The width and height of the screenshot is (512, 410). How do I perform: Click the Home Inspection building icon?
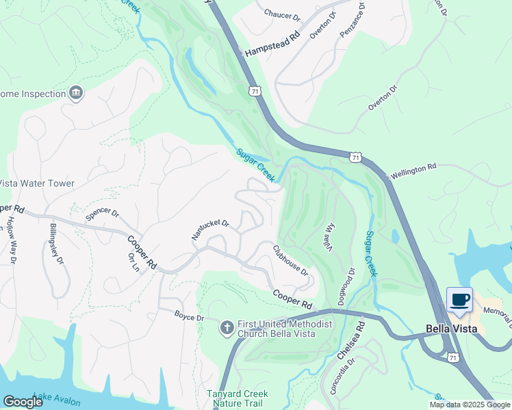coord(76,94)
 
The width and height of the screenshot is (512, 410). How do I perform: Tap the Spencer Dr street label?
coord(102,215)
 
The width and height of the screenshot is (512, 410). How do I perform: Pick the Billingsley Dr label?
coord(56,242)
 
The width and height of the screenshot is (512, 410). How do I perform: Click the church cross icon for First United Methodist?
coord(227,328)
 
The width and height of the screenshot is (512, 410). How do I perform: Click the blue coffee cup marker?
coord(459,299)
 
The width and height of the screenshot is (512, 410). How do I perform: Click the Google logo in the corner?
coord(23,402)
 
